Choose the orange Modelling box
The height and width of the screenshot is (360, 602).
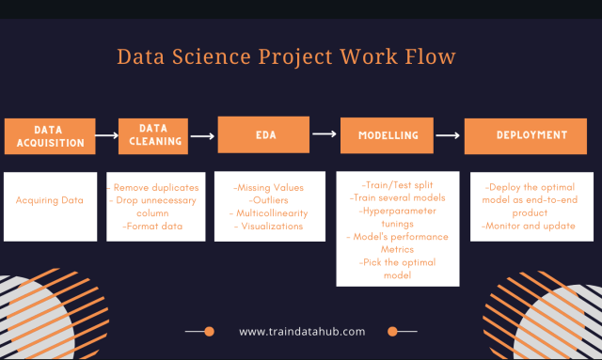click(388, 135)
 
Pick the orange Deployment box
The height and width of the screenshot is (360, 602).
click(517, 135)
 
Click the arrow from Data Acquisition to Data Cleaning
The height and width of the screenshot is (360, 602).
click(106, 135)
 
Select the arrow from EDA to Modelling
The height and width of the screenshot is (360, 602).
click(324, 134)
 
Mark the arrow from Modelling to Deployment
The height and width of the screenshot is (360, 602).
click(449, 135)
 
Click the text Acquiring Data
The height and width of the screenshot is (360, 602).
click(50, 200)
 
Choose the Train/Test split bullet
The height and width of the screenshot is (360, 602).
click(398, 185)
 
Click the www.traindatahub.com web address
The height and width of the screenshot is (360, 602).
click(302, 331)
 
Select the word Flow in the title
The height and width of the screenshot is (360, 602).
click(430, 56)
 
